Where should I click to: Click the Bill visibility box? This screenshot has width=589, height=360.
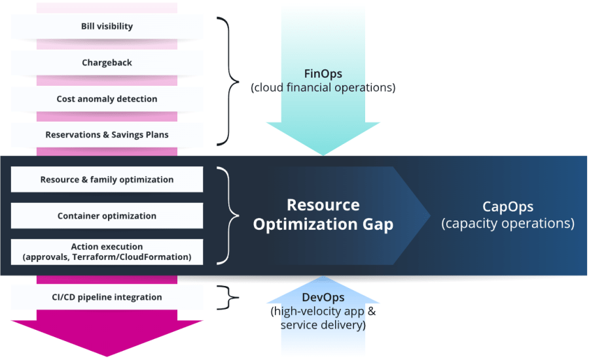click(107, 27)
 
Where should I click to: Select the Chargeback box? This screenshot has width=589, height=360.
click(107, 63)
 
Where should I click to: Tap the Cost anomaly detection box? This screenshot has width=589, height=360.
click(107, 99)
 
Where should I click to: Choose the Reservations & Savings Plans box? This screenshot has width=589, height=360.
click(107, 135)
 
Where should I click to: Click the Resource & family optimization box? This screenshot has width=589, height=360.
click(107, 179)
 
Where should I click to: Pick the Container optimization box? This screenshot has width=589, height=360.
click(107, 216)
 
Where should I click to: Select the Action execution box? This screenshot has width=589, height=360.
click(107, 252)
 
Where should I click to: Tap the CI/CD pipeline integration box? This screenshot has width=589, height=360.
click(107, 297)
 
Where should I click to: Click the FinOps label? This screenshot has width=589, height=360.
click(323, 73)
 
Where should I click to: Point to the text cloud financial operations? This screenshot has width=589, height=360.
click(323, 87)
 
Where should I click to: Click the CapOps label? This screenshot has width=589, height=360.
click(508, 207)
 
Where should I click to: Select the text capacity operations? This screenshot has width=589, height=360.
click(508, 223)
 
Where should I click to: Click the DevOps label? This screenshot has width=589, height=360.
click(323, 298)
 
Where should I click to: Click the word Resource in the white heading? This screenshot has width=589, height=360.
click(323, 205)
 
